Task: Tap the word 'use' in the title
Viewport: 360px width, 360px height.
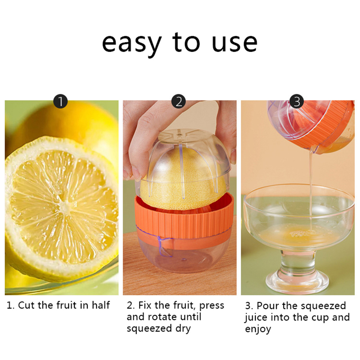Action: coord(234,43)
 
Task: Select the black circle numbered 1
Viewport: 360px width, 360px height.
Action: coord(60,101)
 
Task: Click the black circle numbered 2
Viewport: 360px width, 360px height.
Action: coord(179,101)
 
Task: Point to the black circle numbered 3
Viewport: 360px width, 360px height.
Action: coord(297,101)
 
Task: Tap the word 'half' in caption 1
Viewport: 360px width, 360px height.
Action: coord(101,305)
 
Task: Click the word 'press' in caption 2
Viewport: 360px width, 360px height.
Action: coord(212,306)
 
